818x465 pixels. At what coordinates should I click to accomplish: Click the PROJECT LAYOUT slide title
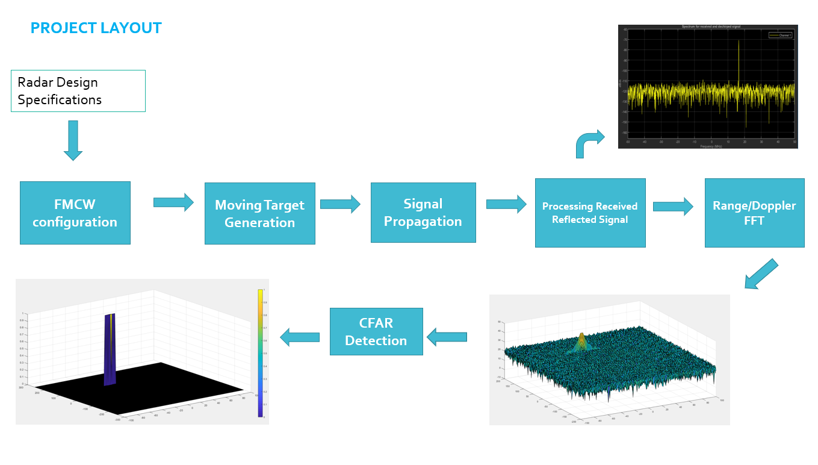[x=96, y=28]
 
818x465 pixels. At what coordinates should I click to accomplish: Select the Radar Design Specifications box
[x=78, y=91]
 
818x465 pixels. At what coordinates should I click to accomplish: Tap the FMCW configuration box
[x=75, y=213]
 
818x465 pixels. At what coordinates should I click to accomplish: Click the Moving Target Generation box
[x=259, y=214]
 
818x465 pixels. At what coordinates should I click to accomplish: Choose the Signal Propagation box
[x=423, y=213]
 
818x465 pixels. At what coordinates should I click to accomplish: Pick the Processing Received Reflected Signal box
[x=590, y=213]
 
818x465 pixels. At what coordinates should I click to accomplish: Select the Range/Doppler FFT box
[x=754, y=213]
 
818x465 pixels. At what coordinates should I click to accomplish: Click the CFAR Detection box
[x=376, y=332]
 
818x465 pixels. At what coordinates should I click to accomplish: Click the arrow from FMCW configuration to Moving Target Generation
[x=173, y=202]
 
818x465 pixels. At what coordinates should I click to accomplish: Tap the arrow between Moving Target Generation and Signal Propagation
[x=340, y=204]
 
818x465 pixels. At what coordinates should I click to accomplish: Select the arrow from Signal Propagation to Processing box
[x=506, y=204]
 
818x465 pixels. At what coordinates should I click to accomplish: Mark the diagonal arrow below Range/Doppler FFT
[x=761, y=274]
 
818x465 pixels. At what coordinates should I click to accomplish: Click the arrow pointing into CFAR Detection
[x=447, y=337]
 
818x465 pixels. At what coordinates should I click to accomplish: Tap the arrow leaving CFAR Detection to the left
[x=300, y=337]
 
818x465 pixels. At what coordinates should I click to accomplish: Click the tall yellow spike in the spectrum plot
[x=739, y=60]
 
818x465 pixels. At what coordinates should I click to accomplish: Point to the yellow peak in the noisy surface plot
[x=581, y=340]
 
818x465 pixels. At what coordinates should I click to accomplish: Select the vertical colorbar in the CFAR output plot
[x=260, y=353]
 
